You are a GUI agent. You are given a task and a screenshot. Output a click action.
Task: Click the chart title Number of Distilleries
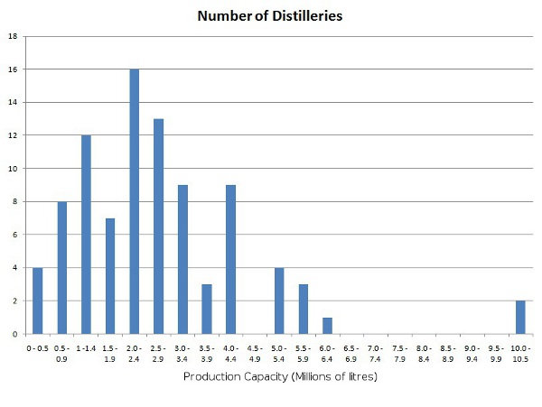point(270,16)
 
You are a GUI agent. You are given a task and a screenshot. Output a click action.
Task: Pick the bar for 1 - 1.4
point(86,235)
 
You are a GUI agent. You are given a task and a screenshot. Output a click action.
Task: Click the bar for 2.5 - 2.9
point(158,227)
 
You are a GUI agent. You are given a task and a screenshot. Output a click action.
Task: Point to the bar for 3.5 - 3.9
point(206,309)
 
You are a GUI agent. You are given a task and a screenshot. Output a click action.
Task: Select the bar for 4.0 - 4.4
point(230,260)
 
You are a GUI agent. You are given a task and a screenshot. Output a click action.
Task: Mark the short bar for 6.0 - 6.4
point(327,326)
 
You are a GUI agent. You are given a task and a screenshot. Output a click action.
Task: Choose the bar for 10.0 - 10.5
point(520,318)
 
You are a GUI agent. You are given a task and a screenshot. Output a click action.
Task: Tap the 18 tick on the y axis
point(13,36)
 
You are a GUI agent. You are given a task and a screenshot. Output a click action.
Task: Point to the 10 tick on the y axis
point(13,169)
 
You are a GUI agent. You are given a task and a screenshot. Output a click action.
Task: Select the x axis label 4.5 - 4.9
point(255,353)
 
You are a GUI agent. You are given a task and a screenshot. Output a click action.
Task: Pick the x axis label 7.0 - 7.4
point(375,353)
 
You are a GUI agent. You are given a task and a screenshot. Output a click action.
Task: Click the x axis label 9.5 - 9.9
point(496,353)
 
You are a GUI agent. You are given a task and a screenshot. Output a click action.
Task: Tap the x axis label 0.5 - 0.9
point(61,353)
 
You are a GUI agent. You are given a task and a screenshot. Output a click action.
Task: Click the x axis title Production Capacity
point(279,376)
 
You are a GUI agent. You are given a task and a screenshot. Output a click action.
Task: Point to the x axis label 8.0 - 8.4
point(424,353)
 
